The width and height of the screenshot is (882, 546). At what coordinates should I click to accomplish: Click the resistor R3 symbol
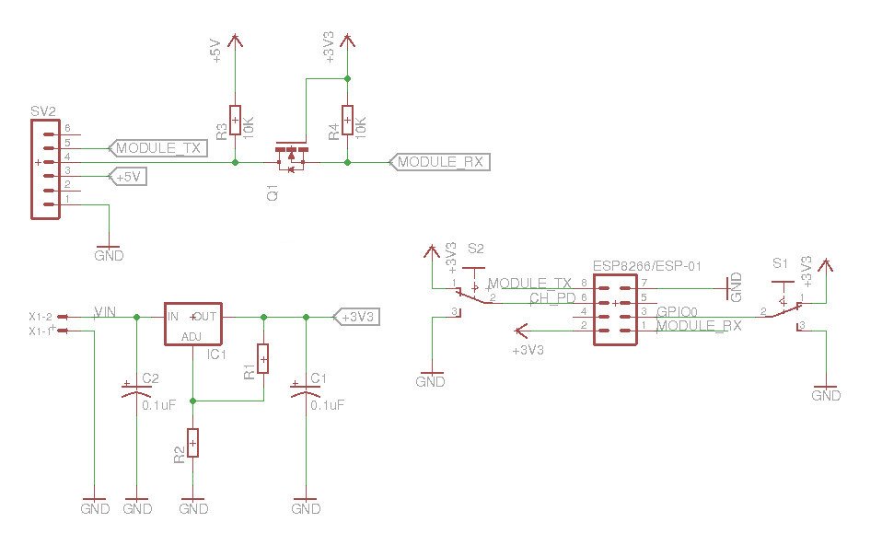235,121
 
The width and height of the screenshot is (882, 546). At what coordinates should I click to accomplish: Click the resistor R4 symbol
347,121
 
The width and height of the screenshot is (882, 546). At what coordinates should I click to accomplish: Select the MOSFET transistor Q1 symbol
291,158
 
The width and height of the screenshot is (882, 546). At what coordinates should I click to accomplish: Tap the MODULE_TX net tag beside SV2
157,147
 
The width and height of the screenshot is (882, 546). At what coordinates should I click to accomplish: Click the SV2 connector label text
43,111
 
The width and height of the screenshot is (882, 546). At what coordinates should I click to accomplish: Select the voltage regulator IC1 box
192,324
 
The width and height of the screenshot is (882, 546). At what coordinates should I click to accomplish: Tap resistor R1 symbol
263,359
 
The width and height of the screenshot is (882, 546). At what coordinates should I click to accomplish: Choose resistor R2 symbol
192,444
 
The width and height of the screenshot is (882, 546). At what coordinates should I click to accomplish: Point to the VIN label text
105,312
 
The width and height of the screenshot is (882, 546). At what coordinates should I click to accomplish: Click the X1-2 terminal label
40,316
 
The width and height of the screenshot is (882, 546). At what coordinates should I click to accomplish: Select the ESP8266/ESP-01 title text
647,266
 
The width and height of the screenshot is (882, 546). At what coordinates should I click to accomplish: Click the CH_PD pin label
552,298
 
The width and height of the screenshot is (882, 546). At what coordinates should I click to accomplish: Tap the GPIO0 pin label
677,312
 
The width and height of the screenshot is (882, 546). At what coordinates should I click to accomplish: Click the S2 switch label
475,249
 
